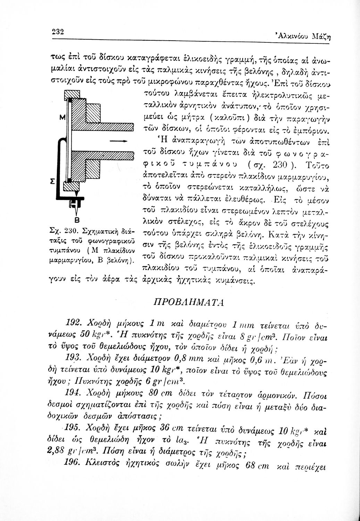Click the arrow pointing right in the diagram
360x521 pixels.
(117, 141)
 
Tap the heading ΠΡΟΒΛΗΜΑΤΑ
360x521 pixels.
(189, 300)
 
